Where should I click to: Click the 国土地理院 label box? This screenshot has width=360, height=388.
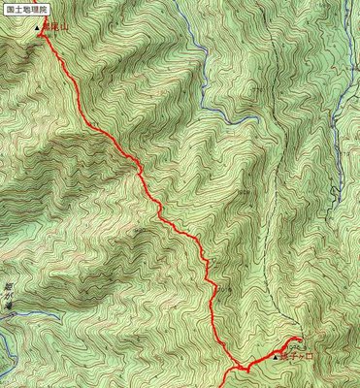(x=25, y=9)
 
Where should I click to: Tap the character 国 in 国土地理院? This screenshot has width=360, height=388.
(x=10, y=9)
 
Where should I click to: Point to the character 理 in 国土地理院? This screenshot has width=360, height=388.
(x=34, y=9)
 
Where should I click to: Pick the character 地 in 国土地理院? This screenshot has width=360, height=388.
(x=25, y=9)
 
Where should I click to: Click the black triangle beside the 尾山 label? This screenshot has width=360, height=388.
(x=39, y=28)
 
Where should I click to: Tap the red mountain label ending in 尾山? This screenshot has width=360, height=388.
(x=54, y=28)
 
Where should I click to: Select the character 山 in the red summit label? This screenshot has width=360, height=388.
(x=61, y=28)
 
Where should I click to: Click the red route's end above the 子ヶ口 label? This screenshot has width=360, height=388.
(x=295, y=339)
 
